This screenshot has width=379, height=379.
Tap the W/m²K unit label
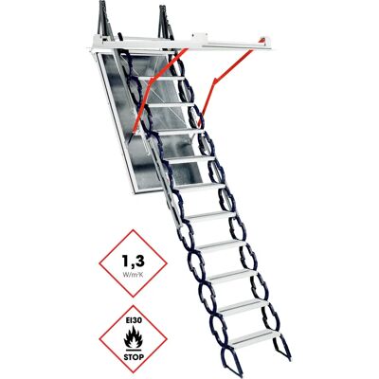(134, 274)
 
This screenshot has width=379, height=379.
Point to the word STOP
(134, 357)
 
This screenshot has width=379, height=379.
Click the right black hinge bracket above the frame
(166, 21)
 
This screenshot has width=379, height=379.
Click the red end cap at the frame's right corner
(262, 40)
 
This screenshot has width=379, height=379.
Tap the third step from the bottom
(235, 277)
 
